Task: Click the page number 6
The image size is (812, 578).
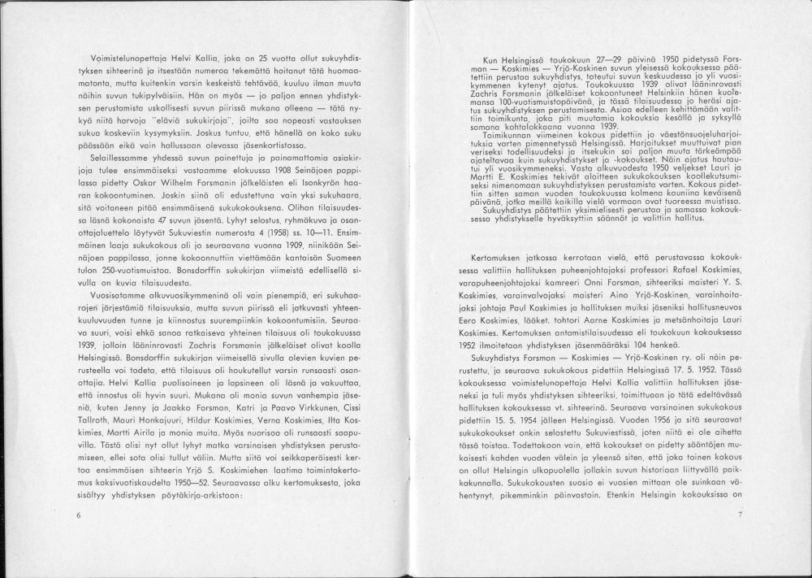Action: [79, 515]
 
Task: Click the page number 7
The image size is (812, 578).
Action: [741, 515]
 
